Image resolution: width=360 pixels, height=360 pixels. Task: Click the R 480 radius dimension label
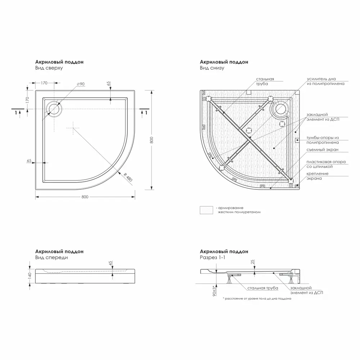(127, 177)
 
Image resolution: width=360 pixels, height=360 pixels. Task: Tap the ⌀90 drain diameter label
(81, 84)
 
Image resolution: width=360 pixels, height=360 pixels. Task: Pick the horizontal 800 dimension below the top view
(85, 197)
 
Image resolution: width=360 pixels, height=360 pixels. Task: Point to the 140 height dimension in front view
(30, 275)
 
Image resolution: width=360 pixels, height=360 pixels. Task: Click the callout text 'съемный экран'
(322, 150)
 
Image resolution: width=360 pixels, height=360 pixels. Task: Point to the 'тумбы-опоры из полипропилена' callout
(322, 140)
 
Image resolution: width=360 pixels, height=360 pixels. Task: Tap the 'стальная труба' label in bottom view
(265, 81)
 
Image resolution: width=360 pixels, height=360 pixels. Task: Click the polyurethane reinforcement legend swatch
(207, 210)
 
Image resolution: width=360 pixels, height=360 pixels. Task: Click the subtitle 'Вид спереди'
(51, 258)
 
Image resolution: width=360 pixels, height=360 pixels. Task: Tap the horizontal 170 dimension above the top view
(44, 83)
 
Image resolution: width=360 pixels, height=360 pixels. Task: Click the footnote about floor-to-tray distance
(257, 299)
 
